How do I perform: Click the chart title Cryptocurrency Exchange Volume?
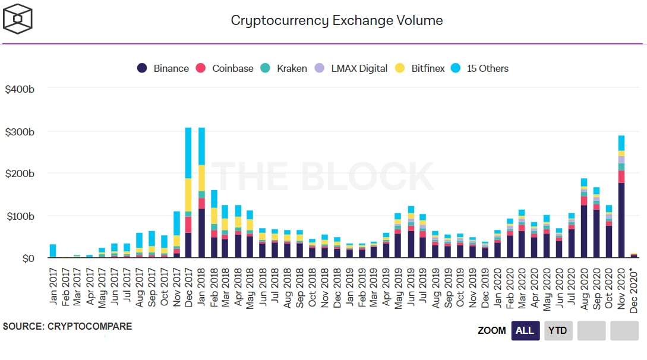(336, 20)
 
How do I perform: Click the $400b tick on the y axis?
(20, 89)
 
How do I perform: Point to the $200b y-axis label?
(20, 174)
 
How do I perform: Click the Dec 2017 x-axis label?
(189, 283)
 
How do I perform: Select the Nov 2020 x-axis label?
(622, 283)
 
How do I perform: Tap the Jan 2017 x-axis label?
(53, 283)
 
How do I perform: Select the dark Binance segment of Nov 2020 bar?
(621, 220)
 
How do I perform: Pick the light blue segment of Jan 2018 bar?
(201, 146)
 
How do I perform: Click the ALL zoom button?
(525, 330)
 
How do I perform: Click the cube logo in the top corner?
(18, 19)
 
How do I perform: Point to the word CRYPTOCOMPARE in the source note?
(90, 327)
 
